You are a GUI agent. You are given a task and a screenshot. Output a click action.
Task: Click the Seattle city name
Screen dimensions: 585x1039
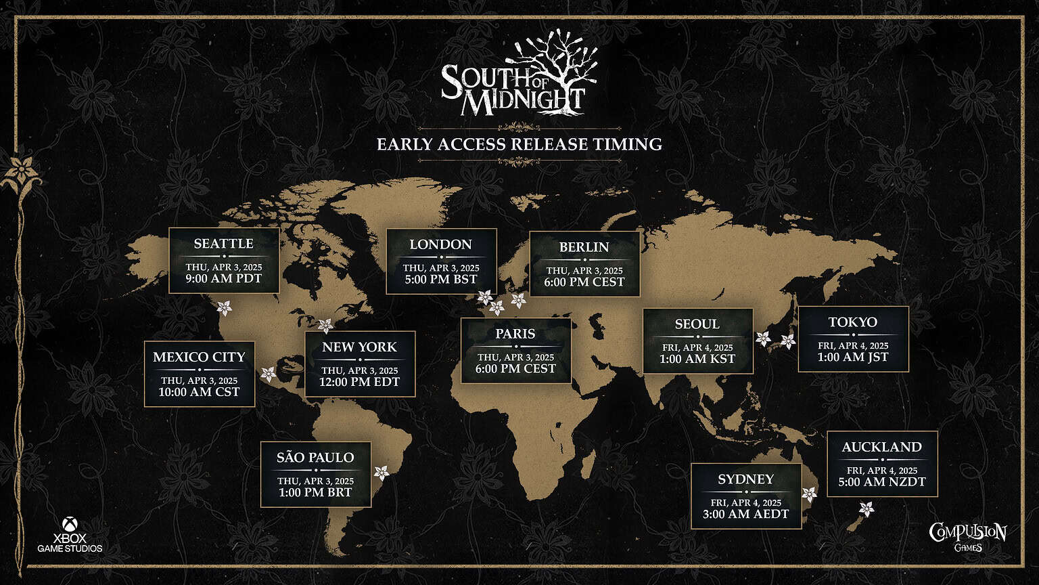pos(223,244)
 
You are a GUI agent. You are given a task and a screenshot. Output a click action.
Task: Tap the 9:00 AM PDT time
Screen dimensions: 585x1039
pos(223,279)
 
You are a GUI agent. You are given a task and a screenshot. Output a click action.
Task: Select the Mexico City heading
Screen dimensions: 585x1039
pos(199,357)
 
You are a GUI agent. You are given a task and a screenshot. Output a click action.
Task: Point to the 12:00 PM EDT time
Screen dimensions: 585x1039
pos(359,382)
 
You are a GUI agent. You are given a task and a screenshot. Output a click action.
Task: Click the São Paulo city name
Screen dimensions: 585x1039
pos(315,458)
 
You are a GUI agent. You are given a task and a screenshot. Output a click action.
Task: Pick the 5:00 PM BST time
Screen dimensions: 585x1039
pos(441,279)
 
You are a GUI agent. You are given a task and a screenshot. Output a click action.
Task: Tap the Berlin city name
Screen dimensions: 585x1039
pos(584,247)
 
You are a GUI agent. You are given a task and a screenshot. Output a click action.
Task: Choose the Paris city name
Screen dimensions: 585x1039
pos(515,334)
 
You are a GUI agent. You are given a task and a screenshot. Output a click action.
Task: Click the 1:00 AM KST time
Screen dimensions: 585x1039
pos(697,359)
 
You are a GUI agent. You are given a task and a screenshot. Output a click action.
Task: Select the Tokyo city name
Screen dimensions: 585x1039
pos(852,322)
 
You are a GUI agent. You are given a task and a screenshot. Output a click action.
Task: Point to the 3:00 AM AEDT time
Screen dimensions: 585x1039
pos(745,514)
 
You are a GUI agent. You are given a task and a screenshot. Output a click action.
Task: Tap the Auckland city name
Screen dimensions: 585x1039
pos(881,447)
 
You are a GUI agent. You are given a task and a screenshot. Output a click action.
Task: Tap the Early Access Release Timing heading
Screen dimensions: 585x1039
pos(519,144)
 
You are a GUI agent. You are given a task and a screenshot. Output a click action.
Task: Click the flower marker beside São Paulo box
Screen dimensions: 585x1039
pos(382,472)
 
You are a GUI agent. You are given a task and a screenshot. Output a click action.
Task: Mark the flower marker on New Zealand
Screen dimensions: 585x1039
pos(866,508)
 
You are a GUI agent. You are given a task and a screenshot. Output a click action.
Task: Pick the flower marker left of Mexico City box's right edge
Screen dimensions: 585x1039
pos(269,374)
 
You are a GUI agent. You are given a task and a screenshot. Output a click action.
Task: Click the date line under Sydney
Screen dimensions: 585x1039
pos(745,502)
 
